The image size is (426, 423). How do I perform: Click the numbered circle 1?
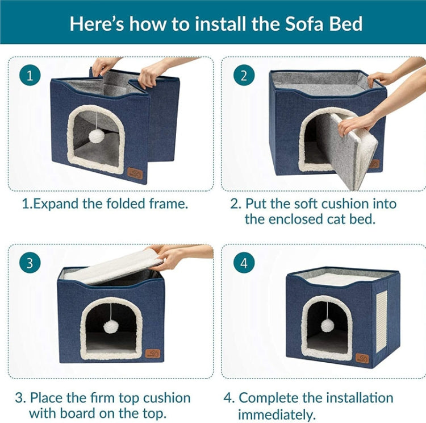point(30,75)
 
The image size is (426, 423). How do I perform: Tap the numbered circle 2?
point(244,75)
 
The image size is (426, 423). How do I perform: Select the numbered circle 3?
point(30,263)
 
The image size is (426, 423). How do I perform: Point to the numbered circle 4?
point(244,263)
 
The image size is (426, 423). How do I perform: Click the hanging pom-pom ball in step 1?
point(96,136)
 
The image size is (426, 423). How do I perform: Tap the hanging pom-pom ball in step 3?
point(110,327)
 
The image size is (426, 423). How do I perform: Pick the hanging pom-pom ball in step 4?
point(327,325)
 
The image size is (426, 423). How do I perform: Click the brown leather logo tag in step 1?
point(135,173)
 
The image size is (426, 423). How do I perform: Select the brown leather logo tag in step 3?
point(153,354)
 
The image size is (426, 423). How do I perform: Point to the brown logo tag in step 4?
point(362,358)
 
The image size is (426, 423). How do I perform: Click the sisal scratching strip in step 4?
point(382,322)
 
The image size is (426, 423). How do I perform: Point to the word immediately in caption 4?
point(277,415)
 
